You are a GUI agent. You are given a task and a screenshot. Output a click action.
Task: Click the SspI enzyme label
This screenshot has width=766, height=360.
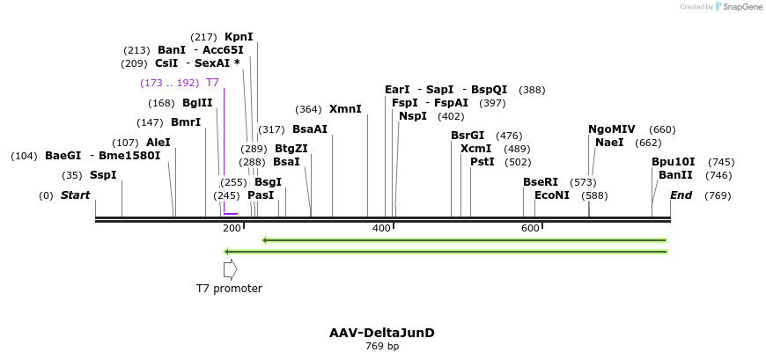pos(103,175)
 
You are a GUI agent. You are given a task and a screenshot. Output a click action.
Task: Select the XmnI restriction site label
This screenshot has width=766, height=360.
pos(345,109)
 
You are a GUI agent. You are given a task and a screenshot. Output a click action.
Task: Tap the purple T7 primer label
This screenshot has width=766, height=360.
pos(212,83)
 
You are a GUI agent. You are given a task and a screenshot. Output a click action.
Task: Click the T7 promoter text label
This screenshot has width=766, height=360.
pos(229,288)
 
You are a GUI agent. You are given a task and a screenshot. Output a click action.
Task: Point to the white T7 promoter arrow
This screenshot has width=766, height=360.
pos(230,269)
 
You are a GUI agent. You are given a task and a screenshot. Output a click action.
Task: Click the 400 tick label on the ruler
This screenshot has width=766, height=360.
pos(381,229)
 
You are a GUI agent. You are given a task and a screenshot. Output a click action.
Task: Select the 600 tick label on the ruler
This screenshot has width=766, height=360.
pos(530,229)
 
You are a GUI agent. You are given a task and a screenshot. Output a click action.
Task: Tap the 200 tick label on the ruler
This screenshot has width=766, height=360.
pos(232,229)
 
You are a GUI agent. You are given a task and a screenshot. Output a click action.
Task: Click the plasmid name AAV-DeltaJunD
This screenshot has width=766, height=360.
pos(382,333)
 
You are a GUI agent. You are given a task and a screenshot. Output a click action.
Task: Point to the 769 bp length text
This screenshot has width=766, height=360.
pos(382,346)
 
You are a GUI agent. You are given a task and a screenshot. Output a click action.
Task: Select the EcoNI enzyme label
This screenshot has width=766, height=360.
pos(552,195)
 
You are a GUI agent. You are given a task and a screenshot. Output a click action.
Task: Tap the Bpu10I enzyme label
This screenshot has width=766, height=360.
pos(674,162)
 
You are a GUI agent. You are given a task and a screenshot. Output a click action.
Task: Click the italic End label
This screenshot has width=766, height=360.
pos(681,195)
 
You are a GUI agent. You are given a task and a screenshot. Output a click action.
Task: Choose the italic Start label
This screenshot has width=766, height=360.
pos(75,195)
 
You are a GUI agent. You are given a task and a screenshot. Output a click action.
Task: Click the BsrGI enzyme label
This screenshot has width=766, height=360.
pos(468,136)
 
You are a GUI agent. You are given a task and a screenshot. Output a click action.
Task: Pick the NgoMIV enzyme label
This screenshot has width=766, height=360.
pos(612,129)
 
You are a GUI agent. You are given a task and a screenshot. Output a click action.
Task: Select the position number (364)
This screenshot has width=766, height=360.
pos(308,109)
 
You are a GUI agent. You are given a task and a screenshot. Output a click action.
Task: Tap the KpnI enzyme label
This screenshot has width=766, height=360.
pos(239,37)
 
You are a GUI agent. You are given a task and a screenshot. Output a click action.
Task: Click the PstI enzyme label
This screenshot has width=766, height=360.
pos(482,162)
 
